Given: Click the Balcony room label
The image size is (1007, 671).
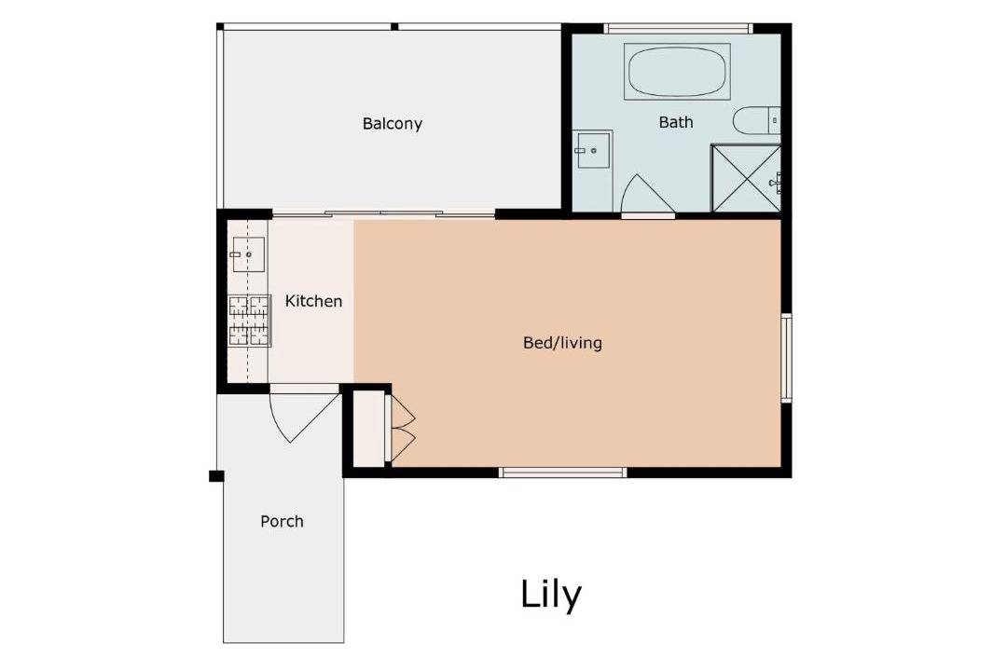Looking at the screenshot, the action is [392, 123].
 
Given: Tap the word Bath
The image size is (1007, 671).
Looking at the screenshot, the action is [676, 122].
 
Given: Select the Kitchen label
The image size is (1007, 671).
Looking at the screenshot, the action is [313, 300].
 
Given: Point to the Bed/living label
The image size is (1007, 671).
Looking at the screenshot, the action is [562, 342].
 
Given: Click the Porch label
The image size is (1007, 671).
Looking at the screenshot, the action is [282, 521].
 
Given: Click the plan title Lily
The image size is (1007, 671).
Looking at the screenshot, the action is [550, 594].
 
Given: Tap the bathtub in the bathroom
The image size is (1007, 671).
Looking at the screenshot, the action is [677, 71].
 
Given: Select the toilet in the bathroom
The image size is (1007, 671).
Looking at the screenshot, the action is [756, 120].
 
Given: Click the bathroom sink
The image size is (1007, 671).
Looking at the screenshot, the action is [593, 150].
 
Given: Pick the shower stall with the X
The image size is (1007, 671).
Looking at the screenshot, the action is [746, 178].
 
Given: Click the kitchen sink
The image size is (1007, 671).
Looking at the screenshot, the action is [248, 254].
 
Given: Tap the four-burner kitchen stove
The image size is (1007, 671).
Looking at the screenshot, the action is [249, 321].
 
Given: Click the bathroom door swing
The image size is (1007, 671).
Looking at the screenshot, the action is [647, 194].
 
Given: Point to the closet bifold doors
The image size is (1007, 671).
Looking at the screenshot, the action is [401, 429].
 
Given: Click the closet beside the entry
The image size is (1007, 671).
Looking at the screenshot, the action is [369, 429].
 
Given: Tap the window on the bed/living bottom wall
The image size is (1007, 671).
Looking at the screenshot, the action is [562, 472].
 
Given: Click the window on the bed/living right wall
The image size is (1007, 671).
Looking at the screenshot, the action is [786, 358].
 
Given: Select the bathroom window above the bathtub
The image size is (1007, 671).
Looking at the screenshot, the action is [678, 28].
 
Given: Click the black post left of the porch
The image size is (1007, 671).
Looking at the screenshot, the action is [216, 476].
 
